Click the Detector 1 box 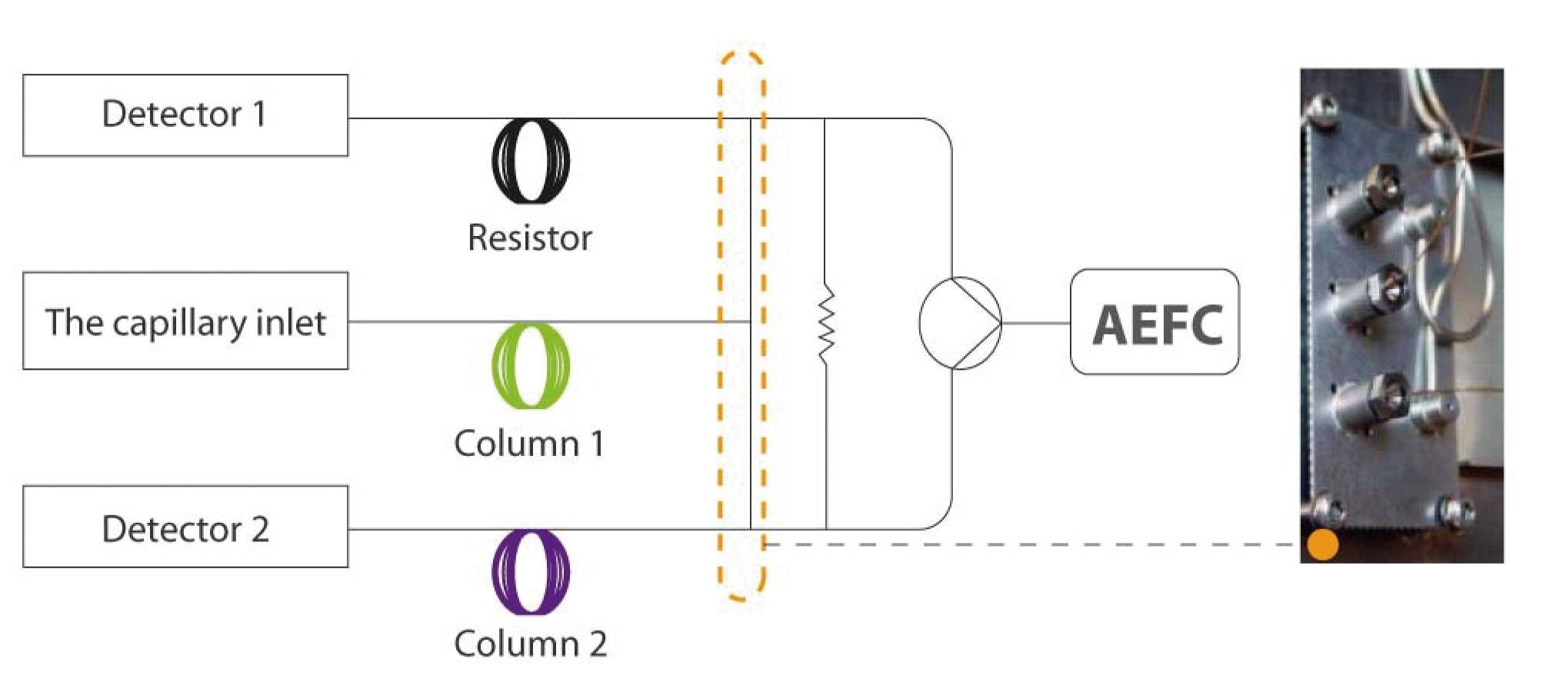185,115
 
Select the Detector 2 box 185,527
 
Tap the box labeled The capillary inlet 185,321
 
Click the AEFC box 1155,322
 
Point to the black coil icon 531,161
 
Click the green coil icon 531,366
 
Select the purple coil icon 531,572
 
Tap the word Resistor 530,238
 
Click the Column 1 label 530,444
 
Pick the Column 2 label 530,644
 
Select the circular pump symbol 960,323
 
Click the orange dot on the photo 1323,544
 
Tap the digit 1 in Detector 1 259,115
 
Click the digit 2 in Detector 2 260,529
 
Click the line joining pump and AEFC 1036,323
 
